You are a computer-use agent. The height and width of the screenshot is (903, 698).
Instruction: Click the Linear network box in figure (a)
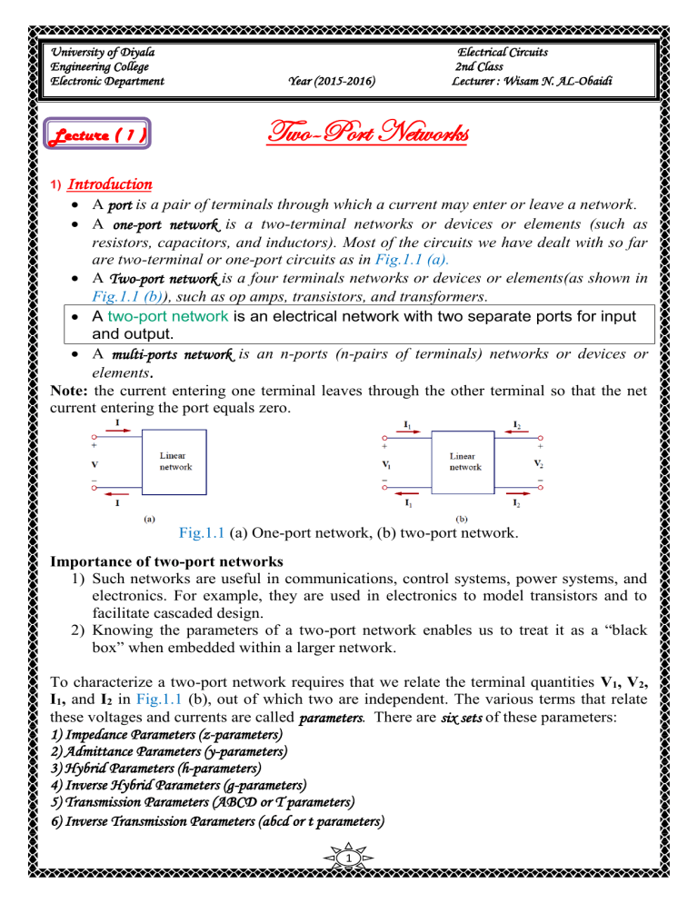point(174,460)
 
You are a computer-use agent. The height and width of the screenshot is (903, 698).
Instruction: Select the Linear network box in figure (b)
point(464,460)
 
